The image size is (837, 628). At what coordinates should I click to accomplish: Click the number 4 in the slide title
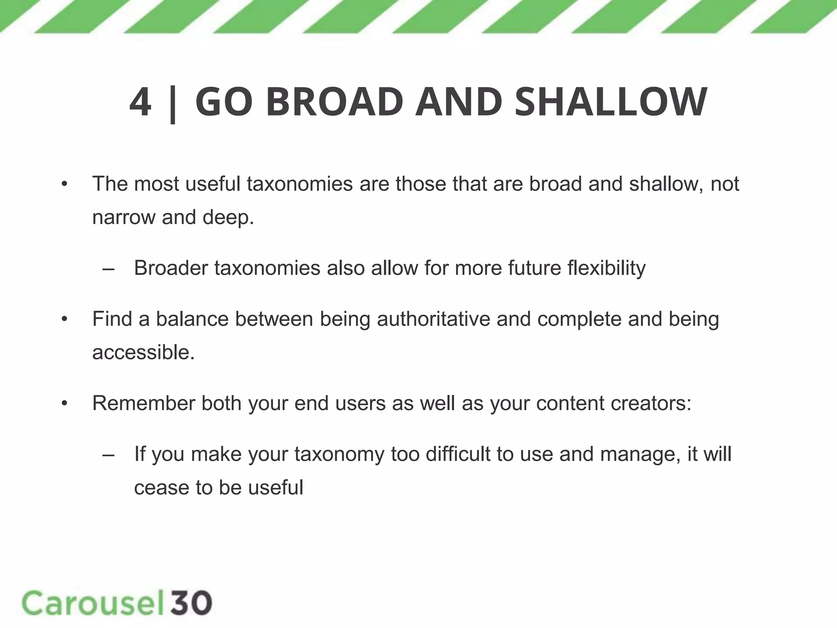(x=140, y=102)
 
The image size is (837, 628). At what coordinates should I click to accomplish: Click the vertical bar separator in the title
(x=173, y=104)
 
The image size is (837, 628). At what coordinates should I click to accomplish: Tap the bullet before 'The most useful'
(x=64, y=184)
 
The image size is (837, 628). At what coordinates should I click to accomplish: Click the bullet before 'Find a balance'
(x=64, y=319)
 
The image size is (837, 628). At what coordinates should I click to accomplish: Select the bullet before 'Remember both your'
(x=64, y=404)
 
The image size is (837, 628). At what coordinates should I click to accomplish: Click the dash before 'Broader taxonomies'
(x=108, y=269)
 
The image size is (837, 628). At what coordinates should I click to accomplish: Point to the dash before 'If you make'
(x=108, y=455)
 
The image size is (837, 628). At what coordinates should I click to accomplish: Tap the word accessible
(x=143, y=352)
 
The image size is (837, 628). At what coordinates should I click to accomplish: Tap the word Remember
(x=143, y=403)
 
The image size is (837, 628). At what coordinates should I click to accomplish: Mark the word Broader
(x=171, y=269)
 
